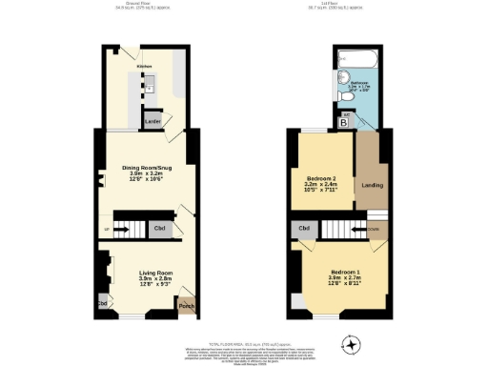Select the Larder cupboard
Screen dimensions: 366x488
pos(152,121)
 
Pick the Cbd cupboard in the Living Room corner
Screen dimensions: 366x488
pos(100,305)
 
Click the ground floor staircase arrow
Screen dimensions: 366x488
pos(122,229)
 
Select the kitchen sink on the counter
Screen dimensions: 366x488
pos(150,87)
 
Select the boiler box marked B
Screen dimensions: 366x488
pos(343,122)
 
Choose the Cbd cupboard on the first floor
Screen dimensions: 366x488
pos(304,229)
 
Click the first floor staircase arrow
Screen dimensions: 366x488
pos(359,229)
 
